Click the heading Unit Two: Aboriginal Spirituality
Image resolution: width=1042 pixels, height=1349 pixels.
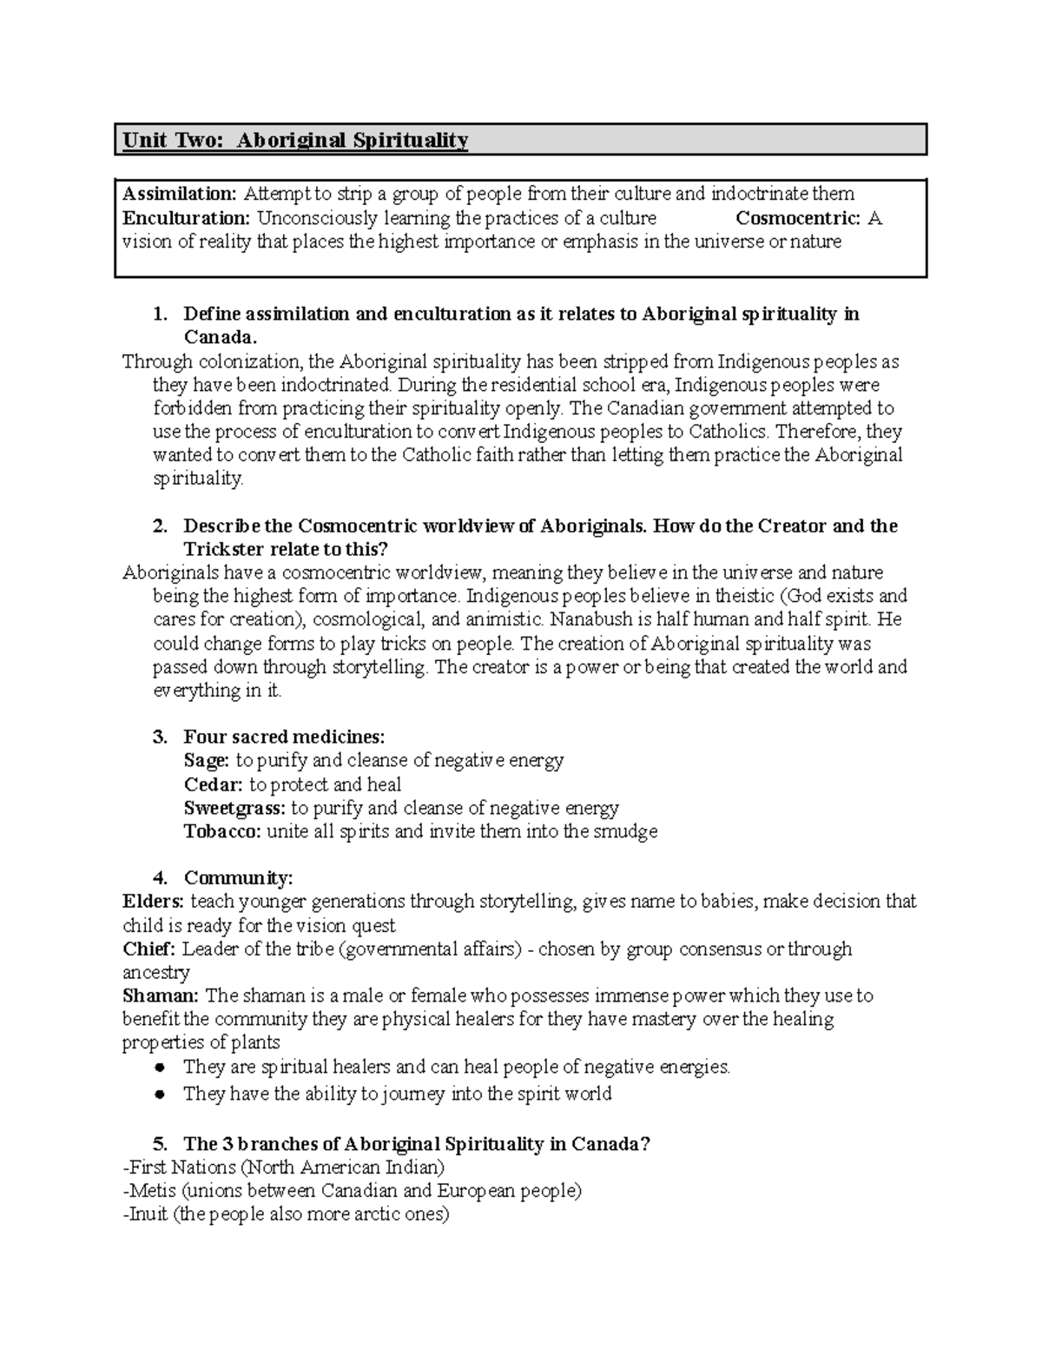click(295, 141)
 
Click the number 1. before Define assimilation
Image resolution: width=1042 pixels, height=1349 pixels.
click(160, 314)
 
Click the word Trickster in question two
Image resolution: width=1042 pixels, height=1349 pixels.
click(224, 550)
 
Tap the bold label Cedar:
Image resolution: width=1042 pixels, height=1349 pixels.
click(213, 785)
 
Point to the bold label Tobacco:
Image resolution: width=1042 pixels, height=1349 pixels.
click(222, 832)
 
